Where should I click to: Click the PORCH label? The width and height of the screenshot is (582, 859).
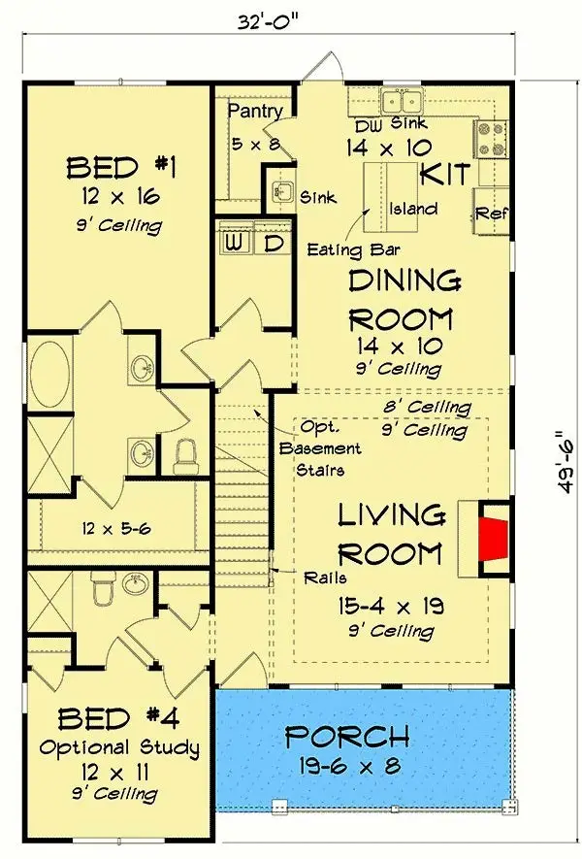346,737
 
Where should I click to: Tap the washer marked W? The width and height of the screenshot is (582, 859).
236,242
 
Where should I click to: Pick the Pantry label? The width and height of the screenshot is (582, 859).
255,112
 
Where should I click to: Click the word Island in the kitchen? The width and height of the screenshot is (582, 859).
413,209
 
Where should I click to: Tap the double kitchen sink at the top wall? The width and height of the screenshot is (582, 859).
400,101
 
